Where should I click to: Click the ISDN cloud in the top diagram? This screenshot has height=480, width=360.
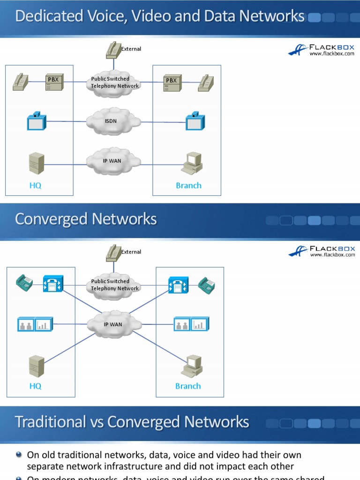coord(113,121)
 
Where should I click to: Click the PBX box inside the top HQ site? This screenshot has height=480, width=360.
coord(53,82)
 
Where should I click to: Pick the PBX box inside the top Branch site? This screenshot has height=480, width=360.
coord(172,83)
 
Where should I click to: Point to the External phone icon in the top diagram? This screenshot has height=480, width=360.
coord(113,50)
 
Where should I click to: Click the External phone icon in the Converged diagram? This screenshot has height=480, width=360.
coord(113,253)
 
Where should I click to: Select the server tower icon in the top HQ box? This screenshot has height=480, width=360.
coord(36,164)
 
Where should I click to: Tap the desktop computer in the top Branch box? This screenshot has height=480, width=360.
coord(192,164)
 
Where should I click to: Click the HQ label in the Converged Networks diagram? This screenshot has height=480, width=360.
coord(36,386)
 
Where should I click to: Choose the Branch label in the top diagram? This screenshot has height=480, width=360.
coord(188,186)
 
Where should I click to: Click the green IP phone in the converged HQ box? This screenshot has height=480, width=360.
coord(24,284)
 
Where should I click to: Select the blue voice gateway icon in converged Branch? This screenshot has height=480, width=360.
coord(178,285)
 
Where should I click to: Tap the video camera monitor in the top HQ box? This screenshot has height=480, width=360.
coord(36,121)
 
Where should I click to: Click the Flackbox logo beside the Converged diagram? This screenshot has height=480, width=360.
coord(322,251)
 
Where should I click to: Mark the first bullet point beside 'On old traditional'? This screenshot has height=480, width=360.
coord(18,455)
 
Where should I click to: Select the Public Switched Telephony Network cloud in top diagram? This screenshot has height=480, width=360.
coord(114,83)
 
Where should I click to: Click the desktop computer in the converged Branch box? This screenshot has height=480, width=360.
coord(192,366)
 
